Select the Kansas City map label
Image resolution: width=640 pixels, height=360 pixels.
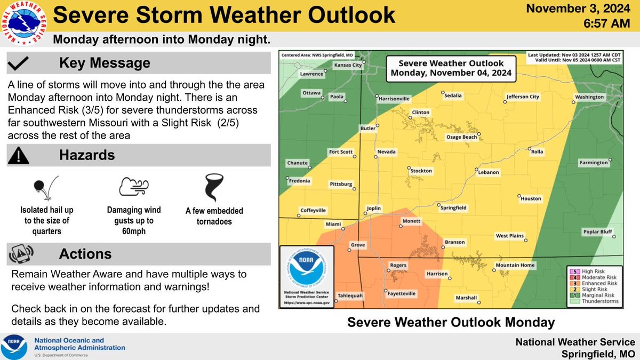(x=348, y=65)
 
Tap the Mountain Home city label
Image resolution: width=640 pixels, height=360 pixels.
(x=515, y=265)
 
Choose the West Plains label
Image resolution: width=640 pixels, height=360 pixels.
(x=509, y=235)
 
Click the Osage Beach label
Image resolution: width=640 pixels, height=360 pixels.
(x=461, y=137)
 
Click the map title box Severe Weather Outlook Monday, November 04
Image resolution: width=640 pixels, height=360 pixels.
(x=451, y=68)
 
